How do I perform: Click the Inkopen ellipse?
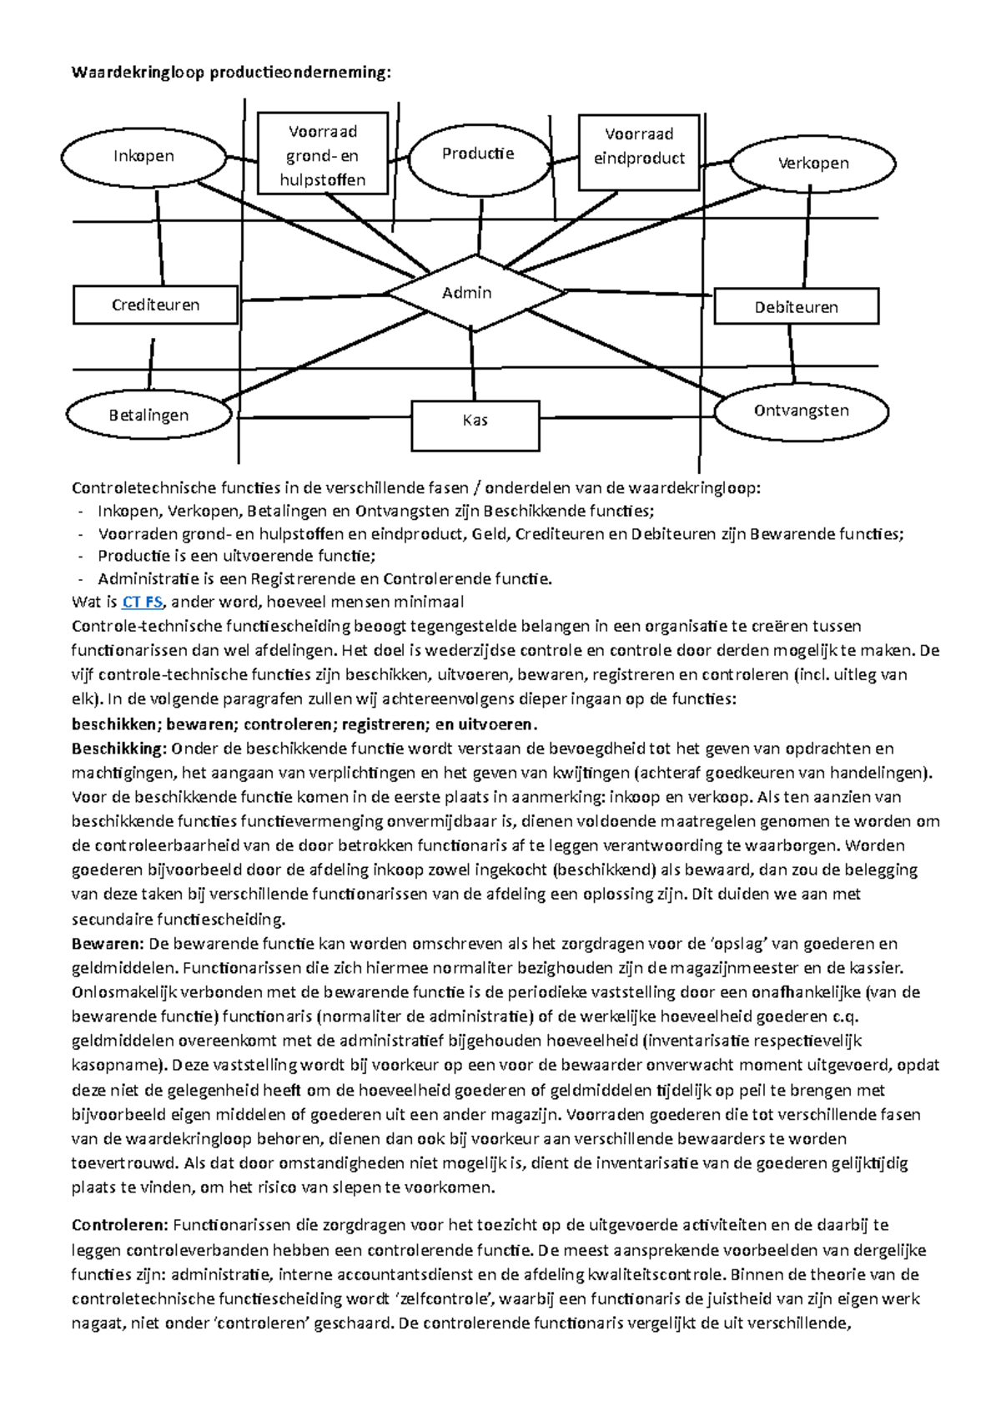pos(143,157)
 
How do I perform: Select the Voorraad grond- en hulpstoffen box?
pos(323,154)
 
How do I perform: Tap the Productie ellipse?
pos(478,154)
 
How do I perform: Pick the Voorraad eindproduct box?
pos(639,146)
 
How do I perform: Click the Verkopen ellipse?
pos(812,164)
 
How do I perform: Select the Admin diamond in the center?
pos(468,293)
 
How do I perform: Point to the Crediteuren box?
pos(156,305)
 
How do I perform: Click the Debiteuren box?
pos(796,307)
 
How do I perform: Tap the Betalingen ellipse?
pos(149,416)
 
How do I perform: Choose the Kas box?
pos(475,421)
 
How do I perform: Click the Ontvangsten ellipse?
pos(801,411)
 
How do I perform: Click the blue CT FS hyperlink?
pos(142,602)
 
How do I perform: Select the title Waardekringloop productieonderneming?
pos(231,73)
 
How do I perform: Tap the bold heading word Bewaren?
pos(108,944)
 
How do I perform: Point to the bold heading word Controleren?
pos(121,1225)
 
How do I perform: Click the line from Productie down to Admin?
pos(480,227)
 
